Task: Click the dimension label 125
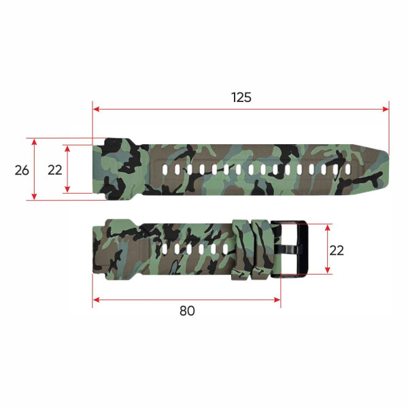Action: click(x=241, y=97)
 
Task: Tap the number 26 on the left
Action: click(x=22, y=169)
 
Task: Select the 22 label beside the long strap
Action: click(x=55, y=169)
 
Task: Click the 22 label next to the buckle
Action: click(x=336, y=250)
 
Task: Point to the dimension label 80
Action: click(x=187, y=311)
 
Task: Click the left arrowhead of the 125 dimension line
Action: click(x=96, y=109)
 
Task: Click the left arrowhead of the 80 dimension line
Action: click(x=96, y=299)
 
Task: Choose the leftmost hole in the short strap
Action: click(x=164, y=250)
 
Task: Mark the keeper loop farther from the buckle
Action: click(x=241, y=250)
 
